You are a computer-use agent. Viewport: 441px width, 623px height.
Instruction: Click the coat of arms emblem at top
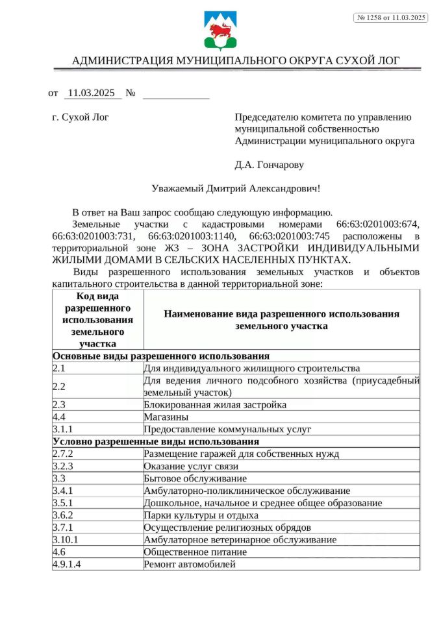(x=220, y=31)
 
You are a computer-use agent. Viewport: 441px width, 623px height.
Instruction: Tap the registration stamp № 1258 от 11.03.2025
(x=390, y=18)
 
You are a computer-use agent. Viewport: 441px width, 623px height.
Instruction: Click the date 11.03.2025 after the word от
(x=90, y=93)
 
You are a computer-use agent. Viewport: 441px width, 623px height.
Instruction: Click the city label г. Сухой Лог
(x=80, y=117)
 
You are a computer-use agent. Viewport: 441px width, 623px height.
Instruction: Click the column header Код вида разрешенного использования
(x=97, y=320)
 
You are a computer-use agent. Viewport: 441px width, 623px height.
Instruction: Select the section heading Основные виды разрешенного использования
(x=161, y=356)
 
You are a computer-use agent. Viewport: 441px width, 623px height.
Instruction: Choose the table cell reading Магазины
(x=166, y=417)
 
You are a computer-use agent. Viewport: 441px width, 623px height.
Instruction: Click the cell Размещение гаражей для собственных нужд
(x=241, y=454)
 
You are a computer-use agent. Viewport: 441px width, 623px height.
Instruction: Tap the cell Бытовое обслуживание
(x=195, y=478)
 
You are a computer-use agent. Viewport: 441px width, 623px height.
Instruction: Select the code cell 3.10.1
(x=66, y=539)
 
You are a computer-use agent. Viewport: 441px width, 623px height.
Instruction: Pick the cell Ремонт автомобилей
(x=189, y=564)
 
